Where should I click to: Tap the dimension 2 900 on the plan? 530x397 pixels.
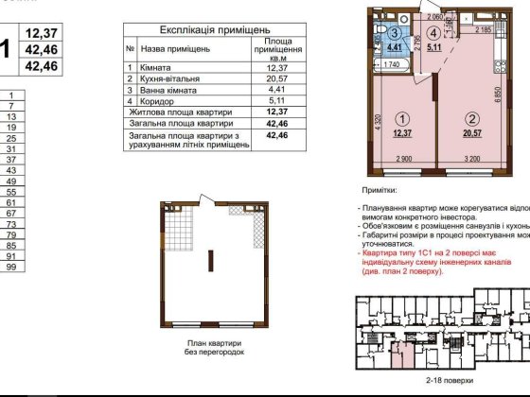click(407, 157)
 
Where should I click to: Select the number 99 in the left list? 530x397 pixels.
click(12, 268)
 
